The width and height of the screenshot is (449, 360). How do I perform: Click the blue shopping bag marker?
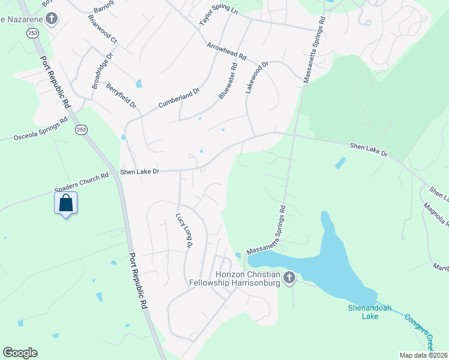pyautogui.click(x=66, y=203)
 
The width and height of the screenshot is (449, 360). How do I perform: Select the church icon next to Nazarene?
pyautogui.click(x=52, y=19)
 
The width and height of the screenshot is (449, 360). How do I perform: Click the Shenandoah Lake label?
pyautogui.click(x=370, y=311)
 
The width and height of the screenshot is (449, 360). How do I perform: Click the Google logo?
pyautogui.click(x=20, y=353)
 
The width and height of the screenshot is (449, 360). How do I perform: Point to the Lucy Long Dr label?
pyautogui.click(x=184, y=231)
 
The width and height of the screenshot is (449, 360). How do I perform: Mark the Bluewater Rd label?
pyautogui.click(x=228, y=83)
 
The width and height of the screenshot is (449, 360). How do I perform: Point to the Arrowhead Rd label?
pyautogui.click(x=227, y=50)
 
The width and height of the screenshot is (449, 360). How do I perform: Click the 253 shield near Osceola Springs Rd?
pyautogui.click(x=82, y=129)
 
